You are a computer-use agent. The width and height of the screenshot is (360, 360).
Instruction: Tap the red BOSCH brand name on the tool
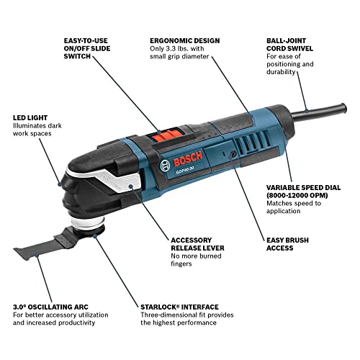(x=188, y=158)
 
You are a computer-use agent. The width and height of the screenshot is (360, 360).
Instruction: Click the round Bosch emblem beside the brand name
(x=165, y=165)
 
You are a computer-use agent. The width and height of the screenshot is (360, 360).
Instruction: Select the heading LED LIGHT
(x=30, y=118)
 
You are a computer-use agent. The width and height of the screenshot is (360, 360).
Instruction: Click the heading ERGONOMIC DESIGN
(x=185, y=40)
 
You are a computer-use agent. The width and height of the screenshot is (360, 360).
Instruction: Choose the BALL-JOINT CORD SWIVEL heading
(x=289, y=45)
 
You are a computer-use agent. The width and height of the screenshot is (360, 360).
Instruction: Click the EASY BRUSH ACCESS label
(x=287, y=244)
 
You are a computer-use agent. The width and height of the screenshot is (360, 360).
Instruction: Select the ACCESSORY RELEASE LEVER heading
(x=197, y=244)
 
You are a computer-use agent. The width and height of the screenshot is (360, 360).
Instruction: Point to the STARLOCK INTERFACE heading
(x=179, y=307)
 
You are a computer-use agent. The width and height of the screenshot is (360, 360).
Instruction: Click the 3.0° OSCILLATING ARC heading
(x=50, y=307)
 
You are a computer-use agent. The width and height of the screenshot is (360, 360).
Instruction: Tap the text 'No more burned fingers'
(x=196, y=260)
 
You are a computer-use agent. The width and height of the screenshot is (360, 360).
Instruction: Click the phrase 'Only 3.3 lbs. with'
(x=177, y=49)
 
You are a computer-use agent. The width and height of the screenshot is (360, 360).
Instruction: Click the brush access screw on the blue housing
(x=233, y=154)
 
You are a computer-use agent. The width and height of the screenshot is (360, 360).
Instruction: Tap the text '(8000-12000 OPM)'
(x=297, y=195)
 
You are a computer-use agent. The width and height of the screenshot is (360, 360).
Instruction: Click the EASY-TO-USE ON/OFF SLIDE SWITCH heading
(x=87, y=48)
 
